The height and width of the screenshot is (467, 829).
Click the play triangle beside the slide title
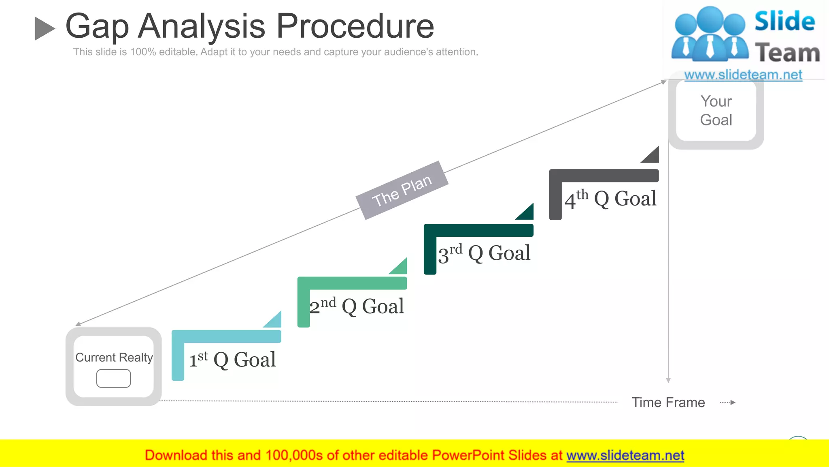point(44,28)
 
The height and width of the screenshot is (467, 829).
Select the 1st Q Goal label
point(232,360)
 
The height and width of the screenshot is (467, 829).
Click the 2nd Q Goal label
point(357,306)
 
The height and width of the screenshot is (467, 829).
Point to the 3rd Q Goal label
point(484,253)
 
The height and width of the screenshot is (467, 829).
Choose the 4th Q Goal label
point(610,199)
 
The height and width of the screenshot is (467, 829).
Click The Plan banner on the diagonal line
point(402,190)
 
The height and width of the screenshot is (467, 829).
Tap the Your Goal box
point(716,111)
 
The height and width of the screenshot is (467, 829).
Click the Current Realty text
point(114,358)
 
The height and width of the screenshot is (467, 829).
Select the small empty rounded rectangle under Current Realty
point(113,378)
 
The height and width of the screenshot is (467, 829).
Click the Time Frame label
point(668,403)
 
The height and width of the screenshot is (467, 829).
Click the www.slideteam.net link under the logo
point(743,75)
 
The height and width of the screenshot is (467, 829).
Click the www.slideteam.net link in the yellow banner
point(625,456)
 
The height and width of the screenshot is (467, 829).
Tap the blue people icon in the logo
point(710,34)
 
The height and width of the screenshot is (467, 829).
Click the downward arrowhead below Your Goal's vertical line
point(668,380)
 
